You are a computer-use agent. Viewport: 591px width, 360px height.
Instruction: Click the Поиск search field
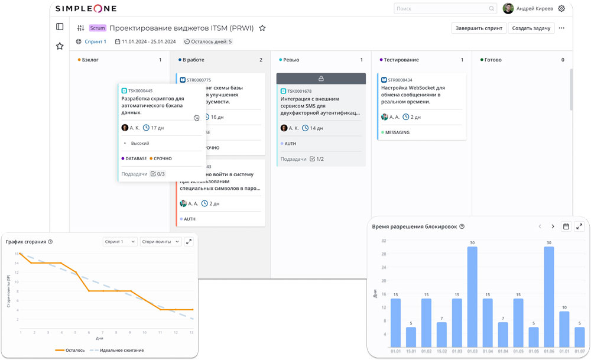443,9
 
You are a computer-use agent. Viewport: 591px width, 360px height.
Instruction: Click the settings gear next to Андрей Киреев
561,9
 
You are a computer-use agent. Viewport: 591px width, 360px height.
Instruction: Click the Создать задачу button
531,28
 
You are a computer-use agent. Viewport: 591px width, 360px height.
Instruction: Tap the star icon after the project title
262,28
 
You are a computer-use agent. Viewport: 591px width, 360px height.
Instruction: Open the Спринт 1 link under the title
95,42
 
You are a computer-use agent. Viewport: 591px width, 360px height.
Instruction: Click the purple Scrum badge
98,28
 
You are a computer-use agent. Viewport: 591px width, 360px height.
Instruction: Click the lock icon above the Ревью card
321,79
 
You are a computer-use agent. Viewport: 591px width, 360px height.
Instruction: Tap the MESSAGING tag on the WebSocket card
397,132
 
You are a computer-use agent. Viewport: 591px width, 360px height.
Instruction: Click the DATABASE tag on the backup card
136,158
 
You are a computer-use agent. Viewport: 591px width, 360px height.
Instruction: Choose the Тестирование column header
401,60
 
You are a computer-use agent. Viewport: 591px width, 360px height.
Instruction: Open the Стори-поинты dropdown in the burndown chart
161,242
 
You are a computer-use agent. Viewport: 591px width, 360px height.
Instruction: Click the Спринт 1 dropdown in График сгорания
120,242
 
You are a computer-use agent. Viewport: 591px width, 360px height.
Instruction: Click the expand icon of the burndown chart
189,242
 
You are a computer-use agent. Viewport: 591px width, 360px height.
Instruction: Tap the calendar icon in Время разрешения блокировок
566,226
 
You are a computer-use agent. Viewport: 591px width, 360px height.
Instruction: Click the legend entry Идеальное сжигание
121,350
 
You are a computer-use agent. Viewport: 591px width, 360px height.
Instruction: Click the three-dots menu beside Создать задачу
561,28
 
